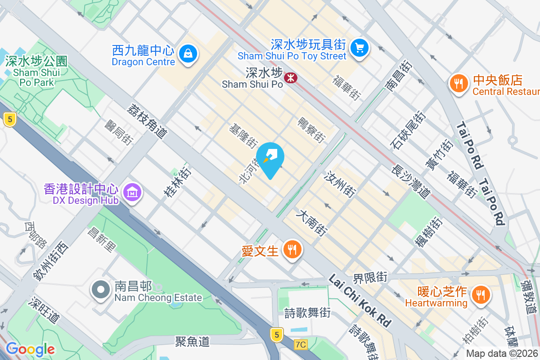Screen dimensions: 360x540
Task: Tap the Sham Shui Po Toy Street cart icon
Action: click(x=359, y=47)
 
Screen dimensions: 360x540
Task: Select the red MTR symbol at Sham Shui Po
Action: click(x=291, y=78)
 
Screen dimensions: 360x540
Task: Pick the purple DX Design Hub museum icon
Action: click(x=132, y=193)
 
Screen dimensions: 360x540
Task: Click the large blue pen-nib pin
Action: click(x=270, y=158)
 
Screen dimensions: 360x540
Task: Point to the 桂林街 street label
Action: click(x=177, y=182)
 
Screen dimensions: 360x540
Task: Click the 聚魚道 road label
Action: click(x=192, y=342)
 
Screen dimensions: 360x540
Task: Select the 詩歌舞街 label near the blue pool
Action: click(x=307, y=312)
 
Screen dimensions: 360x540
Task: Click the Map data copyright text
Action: click(x=502, y=354)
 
